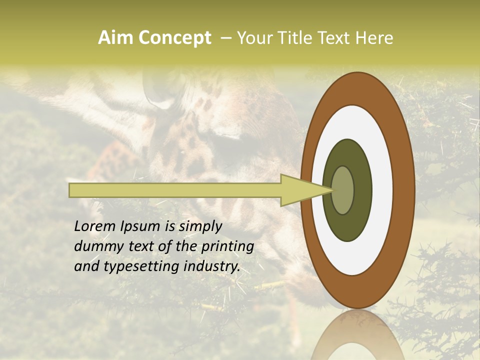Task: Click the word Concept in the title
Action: tap(174, 38)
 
